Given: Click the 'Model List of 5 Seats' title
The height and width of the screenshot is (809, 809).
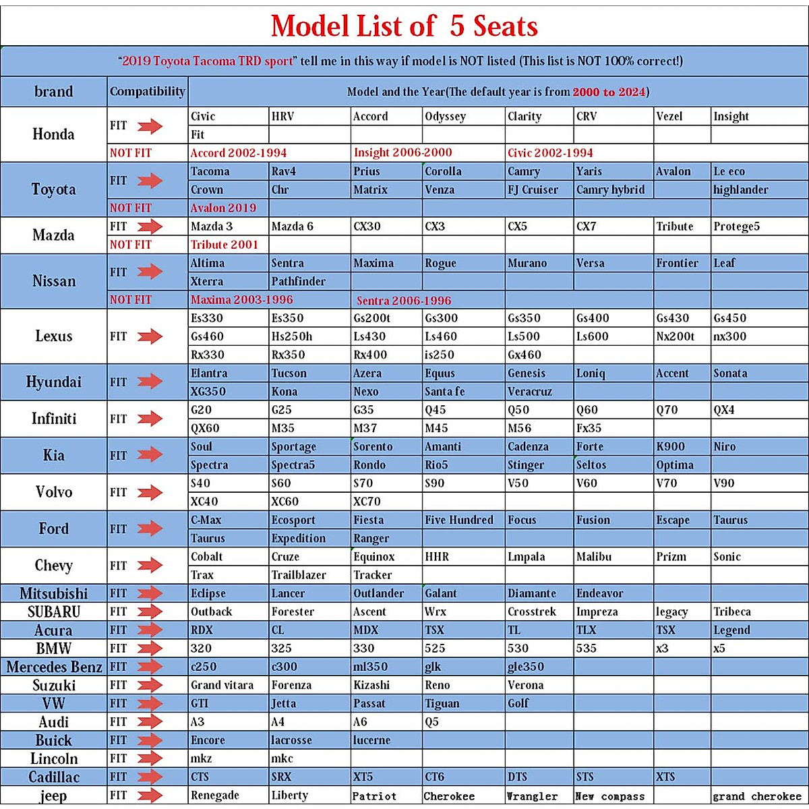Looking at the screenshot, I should (x=404, y=26).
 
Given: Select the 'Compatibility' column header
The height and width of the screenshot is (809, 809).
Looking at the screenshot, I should (x=147, y=91).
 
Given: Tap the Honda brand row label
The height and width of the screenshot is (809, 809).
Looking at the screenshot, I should (x=53, y=134).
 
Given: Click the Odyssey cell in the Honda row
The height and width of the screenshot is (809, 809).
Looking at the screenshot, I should (x=445, y=116).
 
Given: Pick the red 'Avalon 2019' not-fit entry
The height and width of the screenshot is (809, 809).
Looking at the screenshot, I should (x=223, y=208).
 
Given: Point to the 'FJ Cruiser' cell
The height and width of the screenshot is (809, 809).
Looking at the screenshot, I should (x=533, y=189).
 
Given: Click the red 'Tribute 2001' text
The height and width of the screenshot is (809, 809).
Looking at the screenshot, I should (x=224, y=244).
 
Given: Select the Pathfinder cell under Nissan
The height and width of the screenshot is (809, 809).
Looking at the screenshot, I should (x=298, y=281).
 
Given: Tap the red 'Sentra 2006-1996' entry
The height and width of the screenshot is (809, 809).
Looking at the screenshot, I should (x=404, y=301).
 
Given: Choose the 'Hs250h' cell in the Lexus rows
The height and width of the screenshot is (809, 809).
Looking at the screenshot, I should (x=292, y=336).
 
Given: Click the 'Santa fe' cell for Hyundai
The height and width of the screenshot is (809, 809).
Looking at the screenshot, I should (x=444, y=391).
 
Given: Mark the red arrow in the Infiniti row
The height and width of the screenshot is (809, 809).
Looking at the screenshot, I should (x=150, y=419).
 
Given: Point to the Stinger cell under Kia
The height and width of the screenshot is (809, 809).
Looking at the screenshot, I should (x=525, y=465).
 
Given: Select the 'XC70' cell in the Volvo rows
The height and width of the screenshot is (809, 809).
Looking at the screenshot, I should (x=367, y=501).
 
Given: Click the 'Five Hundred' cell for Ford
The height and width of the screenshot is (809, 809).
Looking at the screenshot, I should (x=459, y=520).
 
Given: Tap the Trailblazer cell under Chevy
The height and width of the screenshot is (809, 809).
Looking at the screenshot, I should (x=299, y=575).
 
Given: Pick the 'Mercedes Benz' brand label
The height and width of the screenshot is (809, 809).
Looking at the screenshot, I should (x=54, y=667).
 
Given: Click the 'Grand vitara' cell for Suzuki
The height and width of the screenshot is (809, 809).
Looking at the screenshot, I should (x=222, y=685).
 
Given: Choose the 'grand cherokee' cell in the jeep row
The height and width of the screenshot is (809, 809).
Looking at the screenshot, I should (x=757, y=796).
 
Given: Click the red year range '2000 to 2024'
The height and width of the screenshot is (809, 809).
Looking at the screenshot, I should (x=609, y=92).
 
